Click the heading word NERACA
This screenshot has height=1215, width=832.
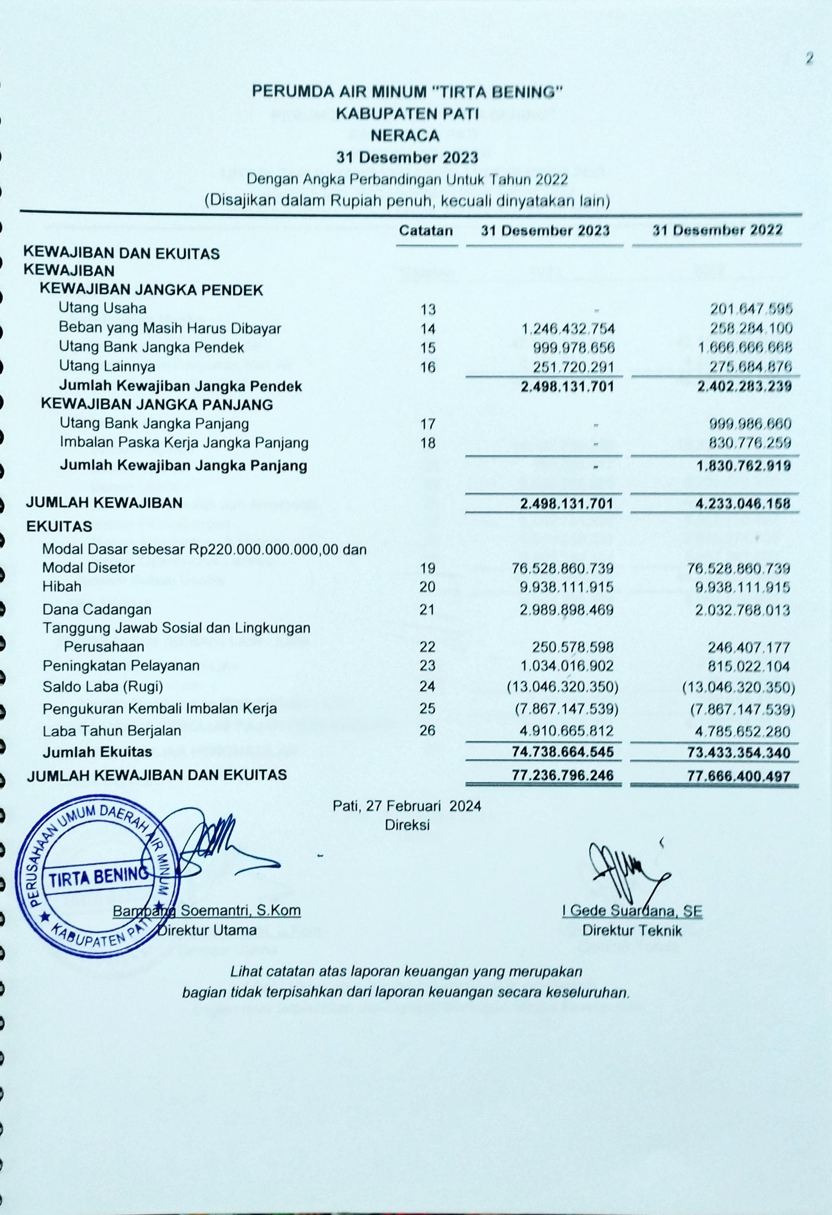click(405, 136)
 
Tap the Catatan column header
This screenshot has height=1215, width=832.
click(426, 230)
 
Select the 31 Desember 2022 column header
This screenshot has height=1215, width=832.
click(717, 230)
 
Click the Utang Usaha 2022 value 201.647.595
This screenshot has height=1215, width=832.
click(751, 309)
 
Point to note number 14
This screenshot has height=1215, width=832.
click(428, 329)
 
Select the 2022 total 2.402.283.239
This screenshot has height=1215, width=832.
click(744, 386)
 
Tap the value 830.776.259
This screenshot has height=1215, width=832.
click(750, 443)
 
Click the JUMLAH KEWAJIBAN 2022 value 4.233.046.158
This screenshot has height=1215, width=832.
click(744, 504)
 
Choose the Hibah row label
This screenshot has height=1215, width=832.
click(62, 587)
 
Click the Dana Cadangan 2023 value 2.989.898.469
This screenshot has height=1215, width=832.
click(567, 610)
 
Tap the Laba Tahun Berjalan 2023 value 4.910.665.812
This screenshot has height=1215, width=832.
click(567, 730)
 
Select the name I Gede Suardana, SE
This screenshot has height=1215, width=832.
click(632, 911)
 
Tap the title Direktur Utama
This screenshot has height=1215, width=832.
click(207, 931)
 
